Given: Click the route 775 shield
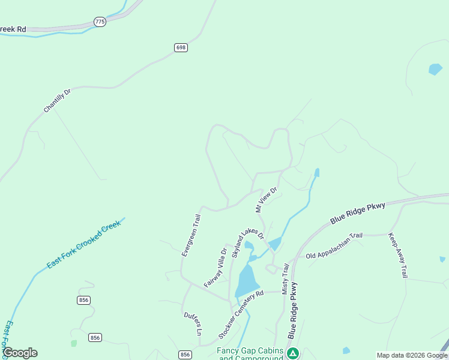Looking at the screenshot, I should [100, 22].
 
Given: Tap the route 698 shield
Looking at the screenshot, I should [181, 47].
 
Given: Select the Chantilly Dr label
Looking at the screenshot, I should [57, 101].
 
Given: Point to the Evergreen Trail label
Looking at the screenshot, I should [191, 236].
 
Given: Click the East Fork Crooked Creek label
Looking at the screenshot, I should [84, 245].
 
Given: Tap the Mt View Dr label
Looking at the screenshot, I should [267, 200].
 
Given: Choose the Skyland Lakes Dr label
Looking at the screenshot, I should [248, 243].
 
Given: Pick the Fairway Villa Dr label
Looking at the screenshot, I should [214, 268].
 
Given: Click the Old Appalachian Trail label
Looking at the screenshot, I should [334, 246].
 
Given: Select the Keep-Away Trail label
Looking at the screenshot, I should [397, 255].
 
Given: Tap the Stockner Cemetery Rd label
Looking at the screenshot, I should [241, 315].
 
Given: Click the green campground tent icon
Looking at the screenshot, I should [293, 353].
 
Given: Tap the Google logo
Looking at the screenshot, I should [20, 353].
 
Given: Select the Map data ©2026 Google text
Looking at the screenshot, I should [412, 355].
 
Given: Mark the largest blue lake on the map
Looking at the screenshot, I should [247, 280].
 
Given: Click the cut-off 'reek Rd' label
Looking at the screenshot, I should [13, 28].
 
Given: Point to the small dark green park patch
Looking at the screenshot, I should [74, 343].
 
